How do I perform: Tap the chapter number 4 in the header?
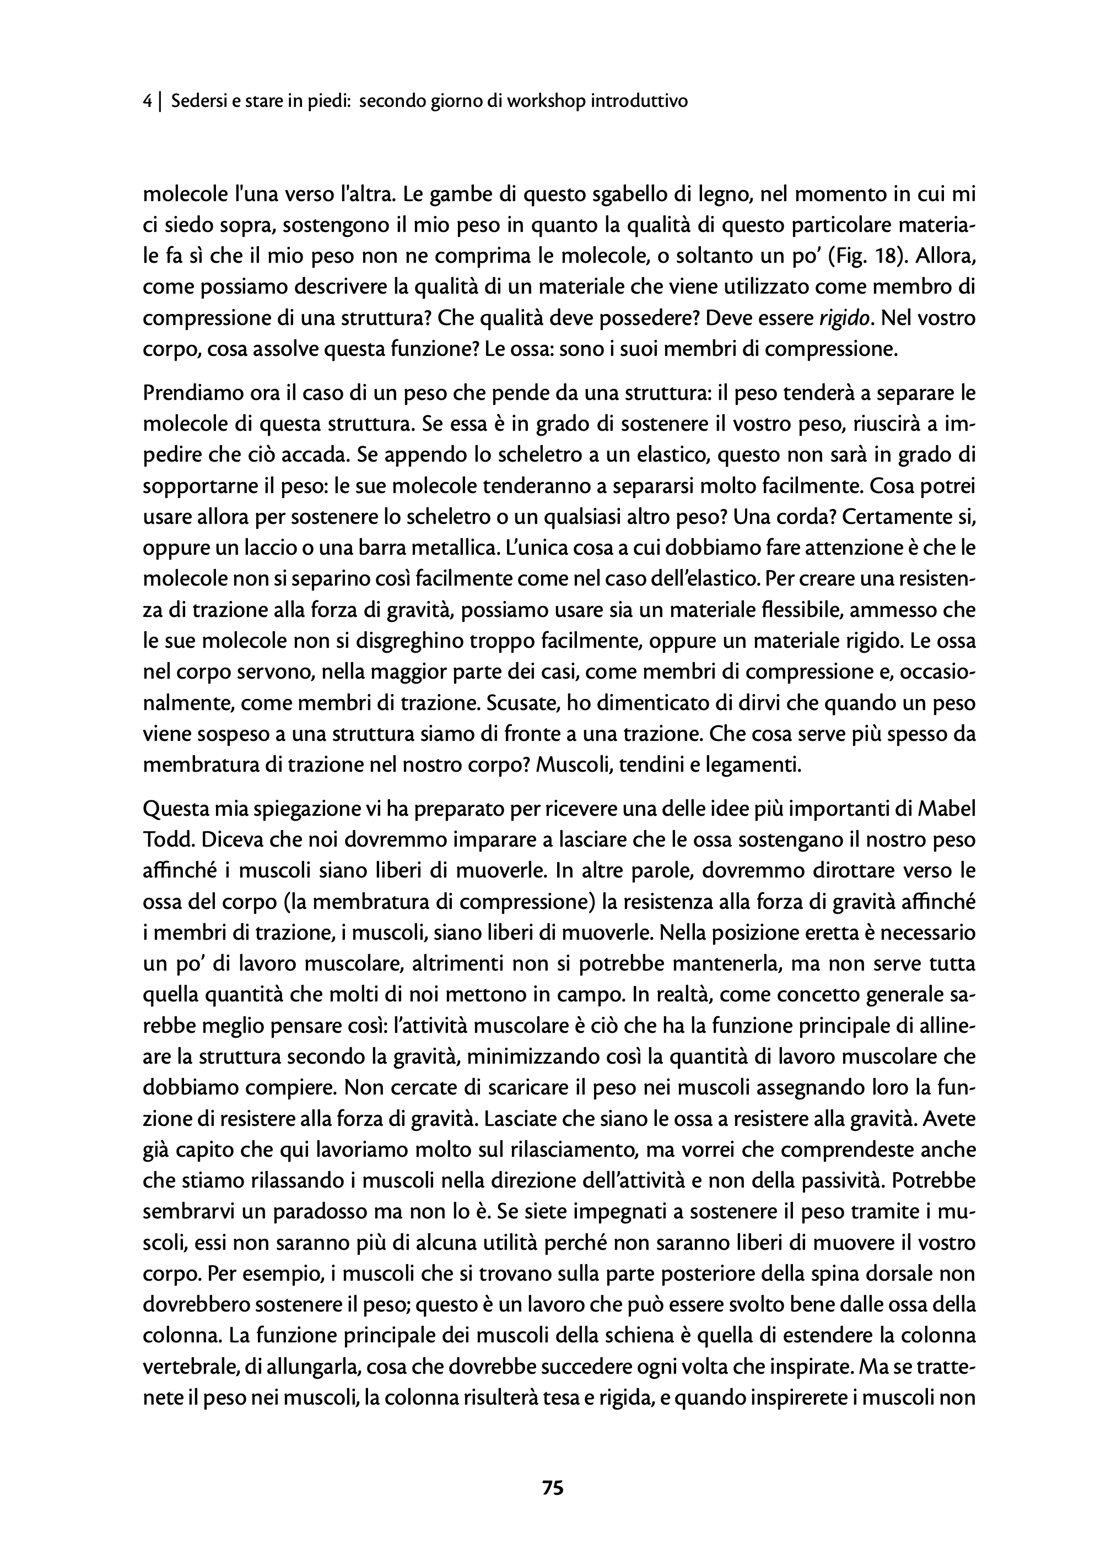(148, 101)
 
